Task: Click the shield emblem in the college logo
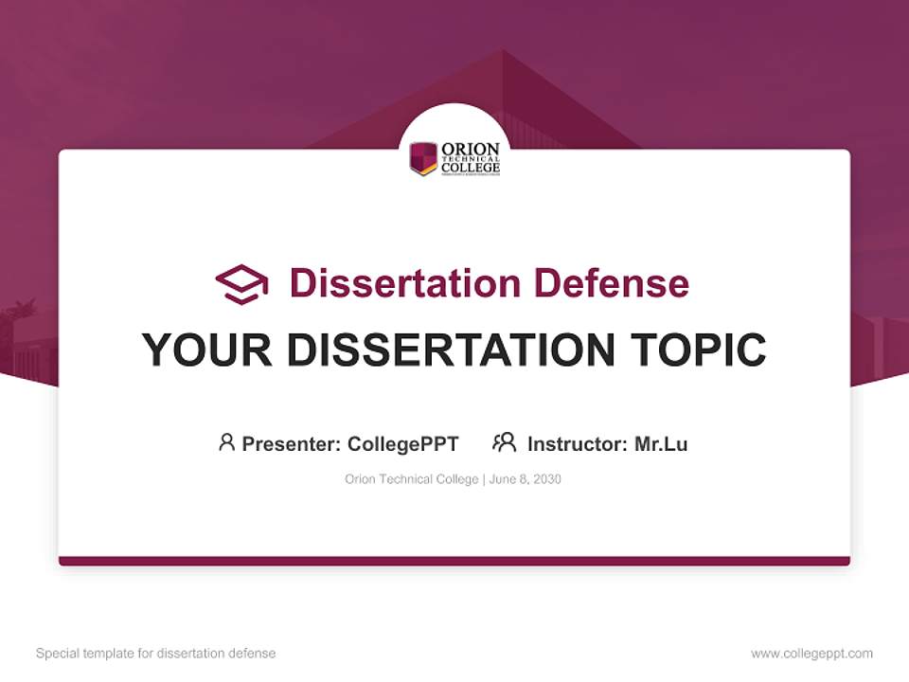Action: point(423,158)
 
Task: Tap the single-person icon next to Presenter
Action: point(226,442)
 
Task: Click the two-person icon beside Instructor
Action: point(505,442)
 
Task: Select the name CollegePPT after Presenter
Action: point(403,443)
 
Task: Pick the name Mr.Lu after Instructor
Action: point(661,443)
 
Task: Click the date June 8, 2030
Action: point(526,479)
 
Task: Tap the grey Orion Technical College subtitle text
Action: point(412,479)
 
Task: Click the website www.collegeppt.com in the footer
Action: point(811,654)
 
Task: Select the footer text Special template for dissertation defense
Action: point(156,654)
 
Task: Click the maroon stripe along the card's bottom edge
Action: point(454,561)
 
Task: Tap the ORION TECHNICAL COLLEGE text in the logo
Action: point(471,159)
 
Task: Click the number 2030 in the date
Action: point(547,479)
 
